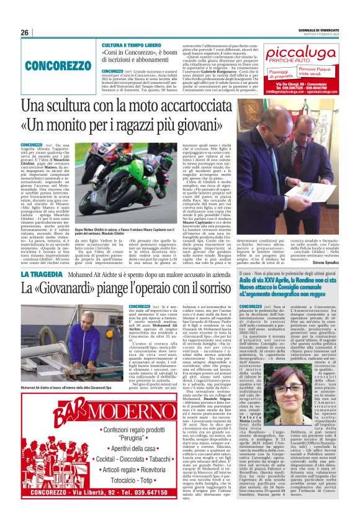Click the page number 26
(25, 32)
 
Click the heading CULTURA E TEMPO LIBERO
(133, 46)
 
